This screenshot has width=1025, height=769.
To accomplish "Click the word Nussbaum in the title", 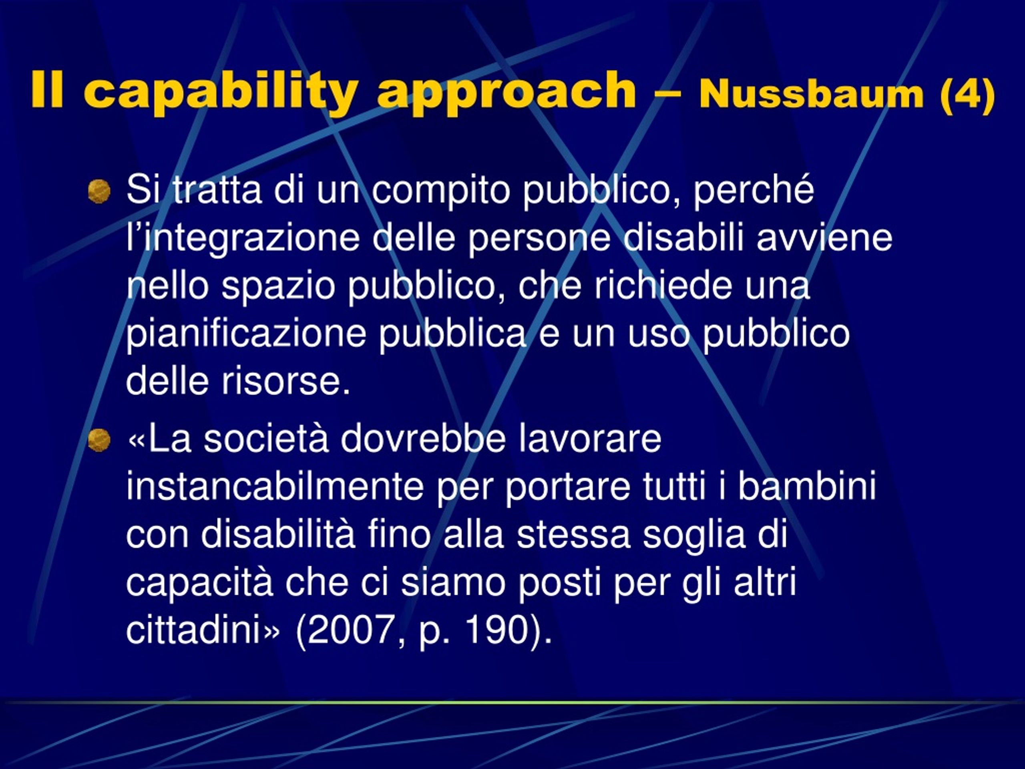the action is tap(811, 95).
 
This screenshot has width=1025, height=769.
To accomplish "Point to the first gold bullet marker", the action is tap(99, 191).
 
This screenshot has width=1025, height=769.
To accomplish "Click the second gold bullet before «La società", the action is tap(99, 439).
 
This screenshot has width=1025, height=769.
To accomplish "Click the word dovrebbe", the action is tap(422, 439).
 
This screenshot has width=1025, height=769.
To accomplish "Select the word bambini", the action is tap(807, 487).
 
